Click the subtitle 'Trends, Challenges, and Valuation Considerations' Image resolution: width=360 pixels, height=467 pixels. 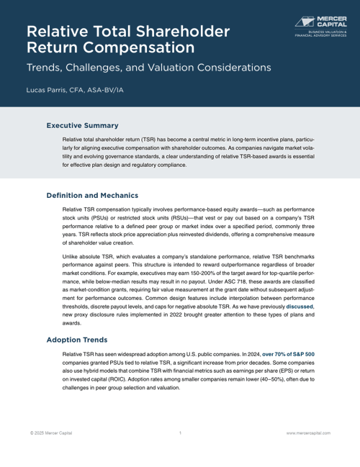tap(148, 68)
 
